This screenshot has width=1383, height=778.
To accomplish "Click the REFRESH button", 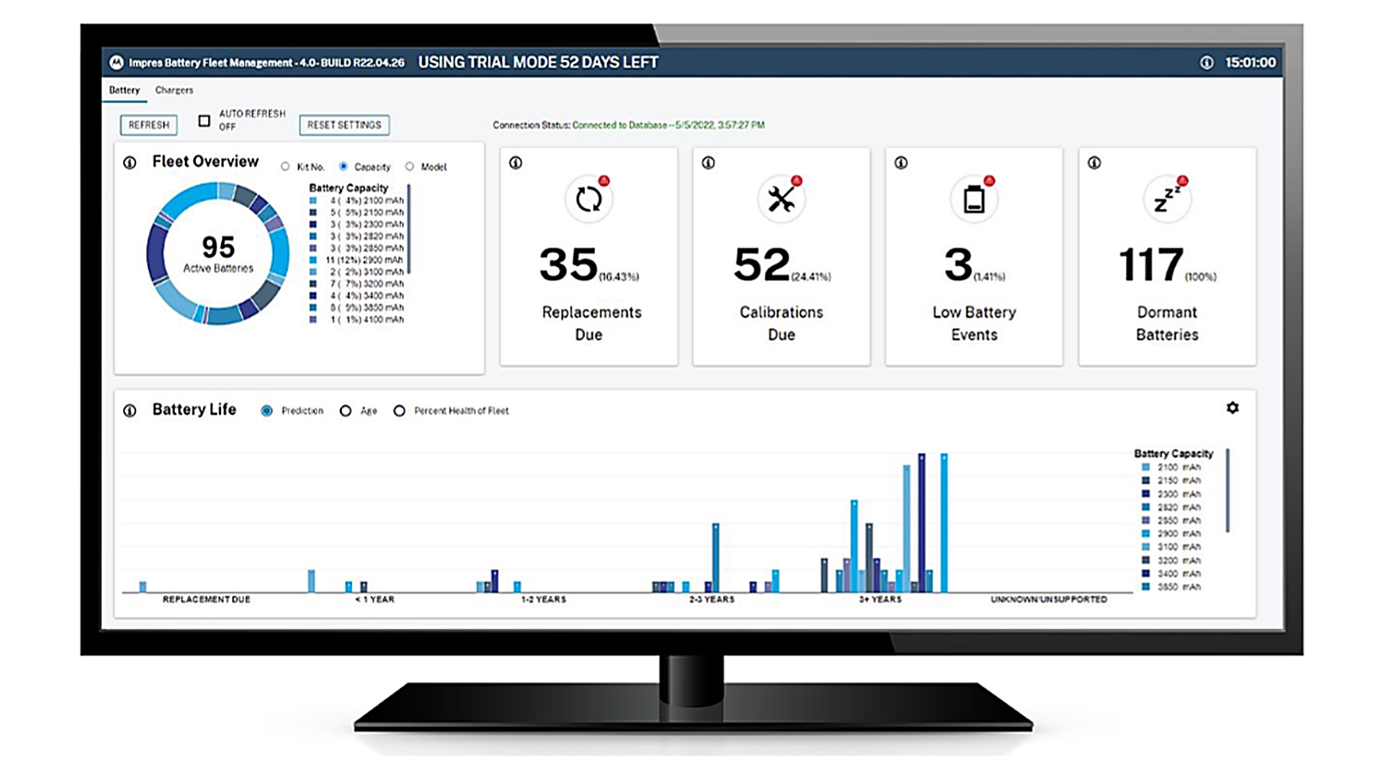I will [x=148, y=125].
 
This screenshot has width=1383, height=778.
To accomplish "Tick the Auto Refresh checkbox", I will [x=205, y=121].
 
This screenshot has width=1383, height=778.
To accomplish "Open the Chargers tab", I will [x=174, y=90].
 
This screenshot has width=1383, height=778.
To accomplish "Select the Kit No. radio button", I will [x=286, y=166].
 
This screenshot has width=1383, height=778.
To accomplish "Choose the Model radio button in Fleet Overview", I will [x=410, y=166].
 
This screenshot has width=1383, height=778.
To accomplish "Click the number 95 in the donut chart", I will [x=218, y=247].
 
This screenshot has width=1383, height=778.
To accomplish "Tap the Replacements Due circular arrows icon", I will [x=588, y=200].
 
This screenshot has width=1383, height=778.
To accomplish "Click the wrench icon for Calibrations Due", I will [x=781, y=200].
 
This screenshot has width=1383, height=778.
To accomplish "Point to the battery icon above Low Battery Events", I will [x=974, y=200].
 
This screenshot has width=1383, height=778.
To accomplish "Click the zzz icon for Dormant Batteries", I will [x=1167, y=200].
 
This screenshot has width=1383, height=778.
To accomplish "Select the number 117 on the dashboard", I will [x=1151, y=264].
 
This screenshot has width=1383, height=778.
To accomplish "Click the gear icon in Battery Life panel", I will [x=1232, y=408].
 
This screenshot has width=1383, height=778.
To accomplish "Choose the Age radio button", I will [x=346, y=411].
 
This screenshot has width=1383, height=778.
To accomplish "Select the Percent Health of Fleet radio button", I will [x=399, y=411].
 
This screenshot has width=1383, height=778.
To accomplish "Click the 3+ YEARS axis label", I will [x=880, y=599].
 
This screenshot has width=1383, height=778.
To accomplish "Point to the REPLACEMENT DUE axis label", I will [x=207, y=599].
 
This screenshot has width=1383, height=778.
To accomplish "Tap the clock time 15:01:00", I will [x=1250, y=63].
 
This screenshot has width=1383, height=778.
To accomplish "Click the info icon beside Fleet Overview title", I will [x=130, y=163].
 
